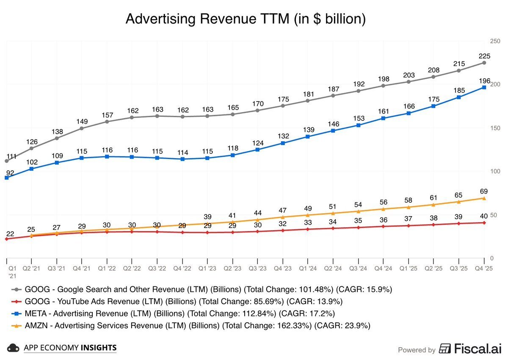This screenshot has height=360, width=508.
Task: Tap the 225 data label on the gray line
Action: click(x=484, y=56)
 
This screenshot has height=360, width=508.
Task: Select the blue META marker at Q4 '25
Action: click(x=484, y=88)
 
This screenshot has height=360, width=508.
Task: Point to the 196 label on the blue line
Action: click(x=484, y=81)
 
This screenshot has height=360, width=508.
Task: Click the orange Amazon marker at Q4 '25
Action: click(x=484, y=198)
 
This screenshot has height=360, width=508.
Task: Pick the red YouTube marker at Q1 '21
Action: click(x=6, y=239)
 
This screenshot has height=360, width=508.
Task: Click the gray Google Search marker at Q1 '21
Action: click(x=6, y=161)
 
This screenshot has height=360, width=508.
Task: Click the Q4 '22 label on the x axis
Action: click(x=182, y=268)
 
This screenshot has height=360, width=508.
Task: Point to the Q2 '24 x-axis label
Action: click(x=333, y=268)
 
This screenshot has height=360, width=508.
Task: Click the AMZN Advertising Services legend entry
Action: click(x=195, y=325)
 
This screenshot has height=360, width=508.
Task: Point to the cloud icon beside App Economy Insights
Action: click(x=14, y=348)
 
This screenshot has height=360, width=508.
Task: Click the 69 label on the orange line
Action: click(x=484, y=191)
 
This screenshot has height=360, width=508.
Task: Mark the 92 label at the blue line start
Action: click(x=9, y=173)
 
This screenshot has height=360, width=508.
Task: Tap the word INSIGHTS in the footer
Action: click(x=98, y=348)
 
